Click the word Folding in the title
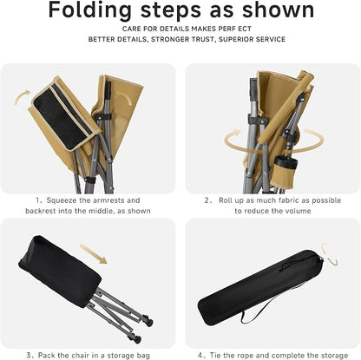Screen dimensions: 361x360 click(x=89, y=11)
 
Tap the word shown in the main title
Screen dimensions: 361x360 click(x=278, y=10)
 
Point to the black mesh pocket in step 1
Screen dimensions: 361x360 click(x=62, y=117)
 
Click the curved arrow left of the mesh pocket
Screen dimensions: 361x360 click(x=22, y=96)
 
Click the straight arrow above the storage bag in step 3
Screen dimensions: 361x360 click(x=93, y=253)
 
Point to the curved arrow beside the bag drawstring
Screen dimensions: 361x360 click(x=330, y=255)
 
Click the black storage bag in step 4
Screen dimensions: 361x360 click(x=260, y=287)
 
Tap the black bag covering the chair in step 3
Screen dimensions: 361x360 click(x=59, y=271)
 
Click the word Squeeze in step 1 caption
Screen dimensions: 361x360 click(x=62, y=200)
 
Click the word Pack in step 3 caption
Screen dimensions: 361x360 click(x=46, y=355)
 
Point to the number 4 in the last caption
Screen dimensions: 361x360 click(x=200, y=355)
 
